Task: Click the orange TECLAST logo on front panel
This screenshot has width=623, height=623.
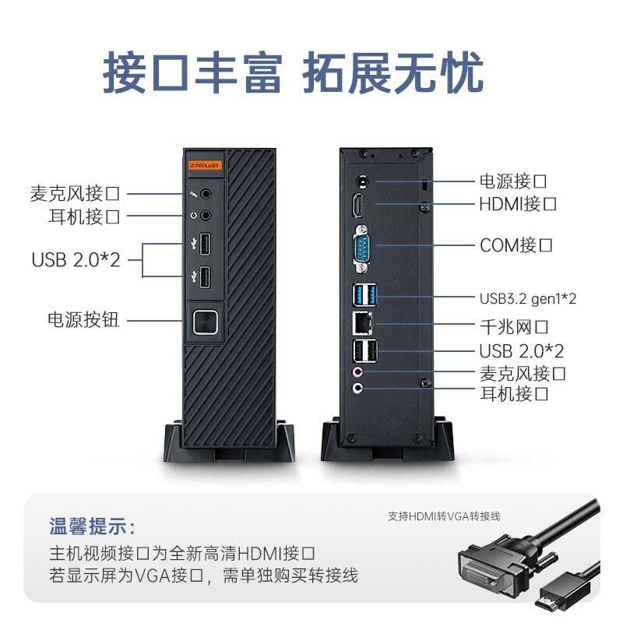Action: (205, 165)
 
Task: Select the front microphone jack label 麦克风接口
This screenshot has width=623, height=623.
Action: (75, 193)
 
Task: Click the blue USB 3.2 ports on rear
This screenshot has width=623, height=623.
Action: (363, 296)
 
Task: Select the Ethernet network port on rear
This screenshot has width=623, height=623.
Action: (363, 322)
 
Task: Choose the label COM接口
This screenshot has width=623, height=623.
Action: (516, 245)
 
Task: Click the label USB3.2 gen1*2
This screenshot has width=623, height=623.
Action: (527, 297)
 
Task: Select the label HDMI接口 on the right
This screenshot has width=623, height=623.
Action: (518, 204)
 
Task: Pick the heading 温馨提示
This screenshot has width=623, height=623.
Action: (93, 526)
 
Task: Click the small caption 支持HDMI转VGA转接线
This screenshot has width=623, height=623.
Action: (444, 516)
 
